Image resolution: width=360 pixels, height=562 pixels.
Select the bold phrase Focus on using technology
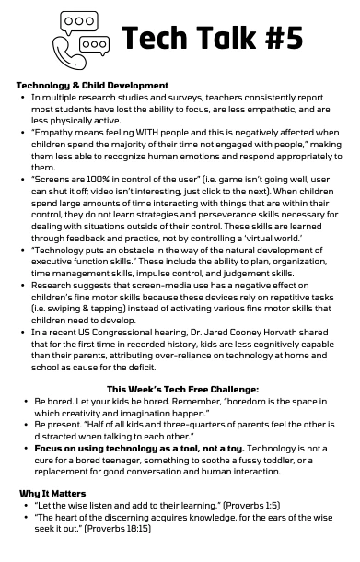[x=99, y=447]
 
